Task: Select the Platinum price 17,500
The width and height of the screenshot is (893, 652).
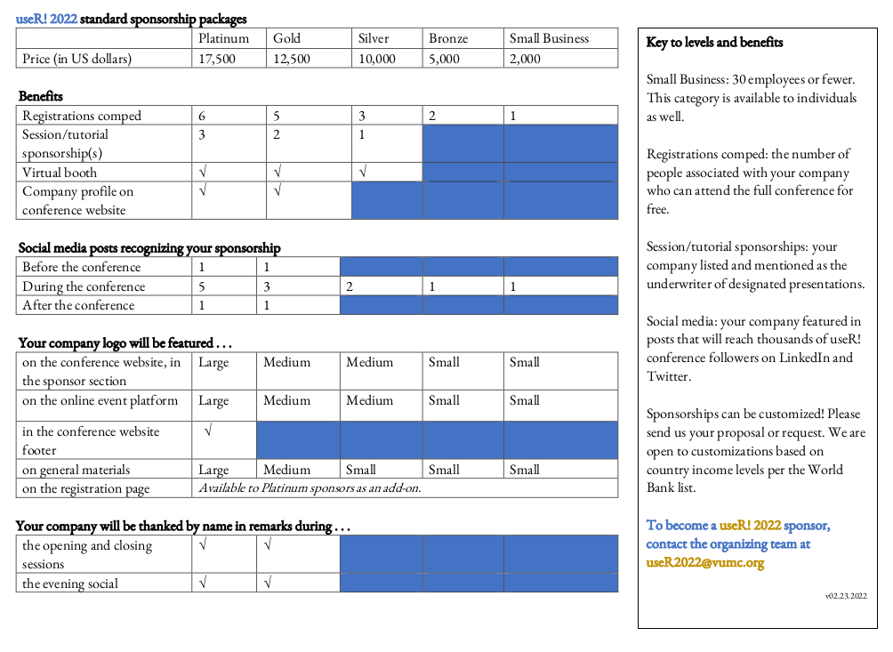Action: pos(217,59)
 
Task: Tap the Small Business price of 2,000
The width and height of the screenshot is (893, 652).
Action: pos(525,59)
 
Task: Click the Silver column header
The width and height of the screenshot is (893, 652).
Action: pos(374,38)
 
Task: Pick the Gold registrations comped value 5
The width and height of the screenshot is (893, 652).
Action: pos(277,116)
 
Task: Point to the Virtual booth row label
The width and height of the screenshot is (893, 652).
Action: pos(60,173)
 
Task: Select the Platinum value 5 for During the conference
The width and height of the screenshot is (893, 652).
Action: pos(203,286)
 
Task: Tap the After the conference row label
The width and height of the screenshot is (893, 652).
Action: pos(78,305)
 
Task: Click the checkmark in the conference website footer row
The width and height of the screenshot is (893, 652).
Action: pos(208,431)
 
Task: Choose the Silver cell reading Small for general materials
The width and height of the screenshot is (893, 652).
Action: pos(361,470)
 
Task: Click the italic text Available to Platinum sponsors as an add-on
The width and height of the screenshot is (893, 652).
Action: pos(310,487)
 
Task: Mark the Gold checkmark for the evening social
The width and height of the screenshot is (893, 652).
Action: pos(268,584)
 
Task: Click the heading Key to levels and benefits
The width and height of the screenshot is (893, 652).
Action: pos(714,43)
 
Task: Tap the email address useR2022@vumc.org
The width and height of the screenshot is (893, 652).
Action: pos(704,562)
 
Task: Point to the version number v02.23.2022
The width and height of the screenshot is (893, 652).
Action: pos(846,596)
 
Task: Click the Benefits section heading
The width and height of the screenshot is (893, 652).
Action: pos(41,96)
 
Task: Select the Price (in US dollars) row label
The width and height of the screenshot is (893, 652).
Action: pos(76,59)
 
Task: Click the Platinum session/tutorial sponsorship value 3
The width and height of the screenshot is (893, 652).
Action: pos(203,135)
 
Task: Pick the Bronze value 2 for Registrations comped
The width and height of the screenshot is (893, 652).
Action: pos(432,116)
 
